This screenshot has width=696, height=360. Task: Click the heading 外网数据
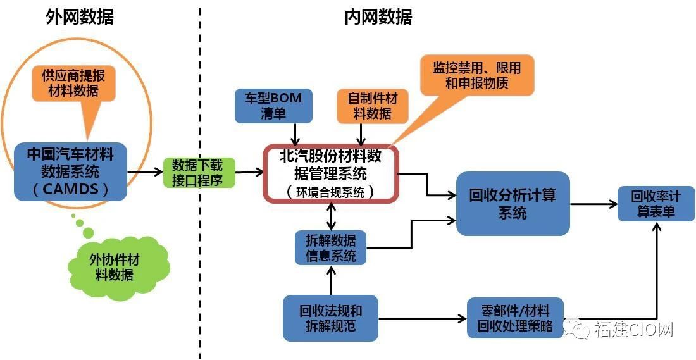pyautogui.click(x=80, y=17)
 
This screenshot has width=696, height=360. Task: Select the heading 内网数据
pyautogui.click(x=378, y=17)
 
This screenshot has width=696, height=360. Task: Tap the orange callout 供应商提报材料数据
pyautogui.click(x=73, y=83)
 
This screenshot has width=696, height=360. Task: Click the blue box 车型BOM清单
pyautogui.click(x=273, y=106)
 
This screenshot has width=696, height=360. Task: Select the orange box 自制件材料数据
pyautogui.click(x=373, y=106)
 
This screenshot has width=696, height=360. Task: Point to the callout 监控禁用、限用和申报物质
pyautogui.click(x=476, y=75)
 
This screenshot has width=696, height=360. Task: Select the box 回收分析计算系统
pyautogui.click(x=513, y=203)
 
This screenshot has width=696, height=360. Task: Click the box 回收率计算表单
pyautogui.click(x=656, y=204)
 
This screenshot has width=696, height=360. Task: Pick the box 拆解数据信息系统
pyautogui.click(x=331, y=247)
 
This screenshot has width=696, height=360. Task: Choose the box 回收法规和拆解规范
pyautogui.click(x=331, y=318)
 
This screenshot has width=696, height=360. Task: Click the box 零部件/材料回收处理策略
pyautogui.click(x=515, y=318)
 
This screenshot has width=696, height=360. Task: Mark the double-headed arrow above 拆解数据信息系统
pyautogui.click(x=331, y=216)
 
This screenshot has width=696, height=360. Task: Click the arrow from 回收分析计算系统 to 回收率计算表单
pyautogui.click(x=594, y=204)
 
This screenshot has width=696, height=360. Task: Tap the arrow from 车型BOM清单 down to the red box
pyautogui.click(x=294, y=134)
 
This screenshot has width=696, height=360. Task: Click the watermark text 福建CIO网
pyautogui.click(x=634, y=330)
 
